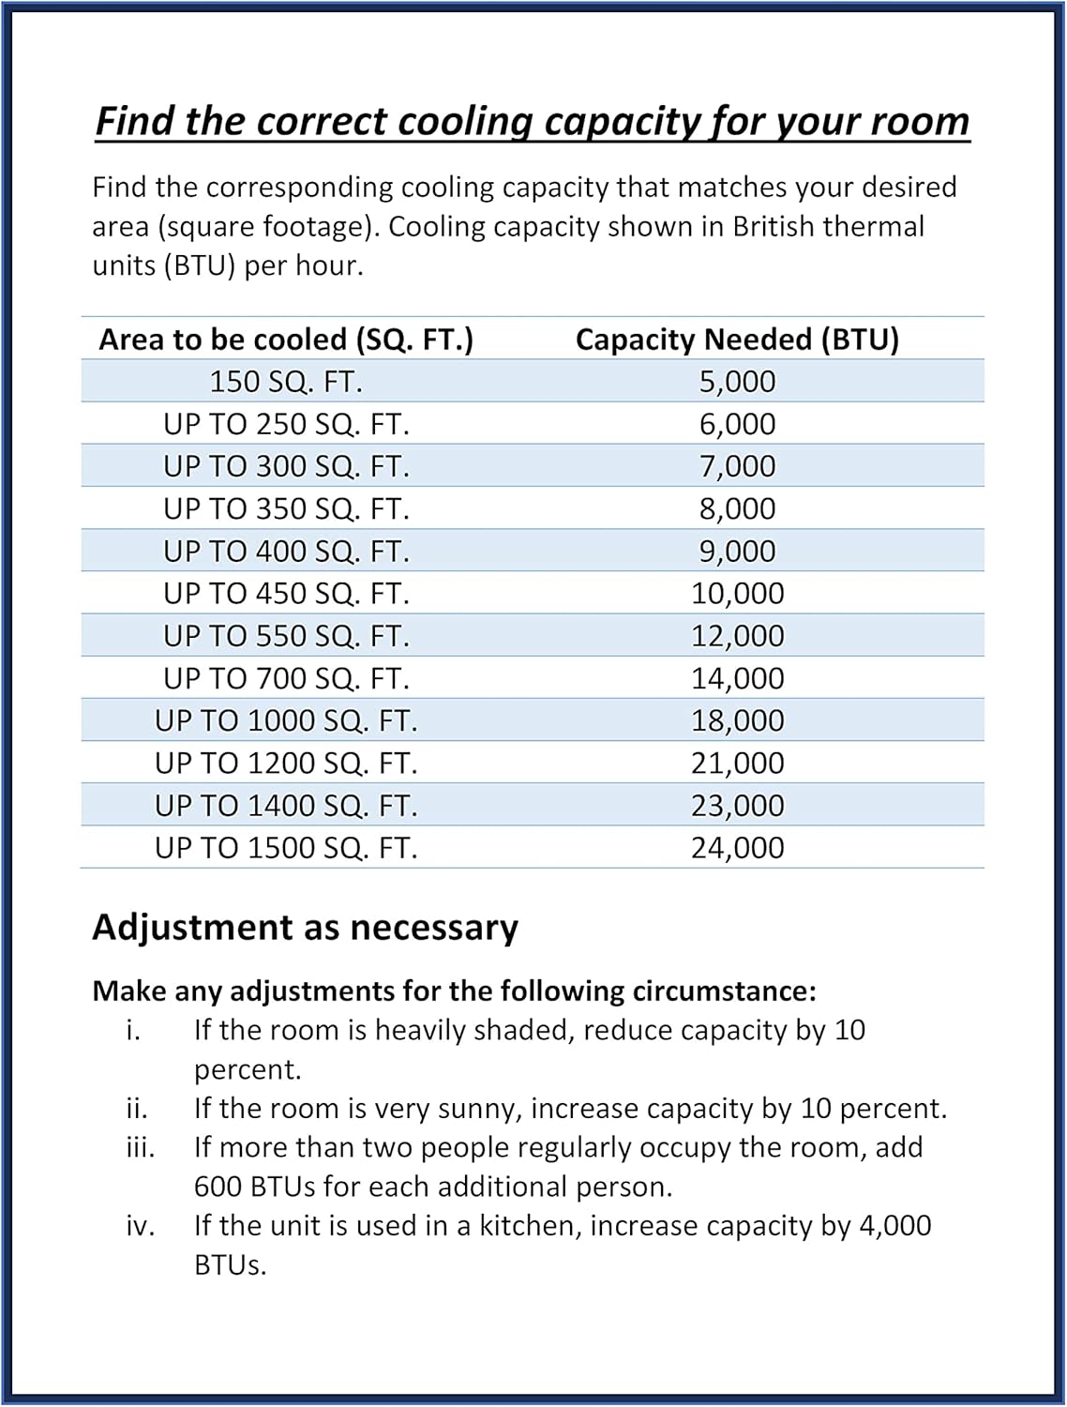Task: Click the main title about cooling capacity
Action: click(x=533, y=122)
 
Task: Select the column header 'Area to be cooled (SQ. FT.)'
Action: click(x=286, y=340)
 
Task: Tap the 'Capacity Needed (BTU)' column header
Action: click(x=737, y=340)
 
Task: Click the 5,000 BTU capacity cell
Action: click(x=737, y=382)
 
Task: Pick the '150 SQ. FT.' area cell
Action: click(x=286, y=382)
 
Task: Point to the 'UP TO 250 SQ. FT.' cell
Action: click(x=286, y=424)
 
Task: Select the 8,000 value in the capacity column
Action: click(x=737, y=508)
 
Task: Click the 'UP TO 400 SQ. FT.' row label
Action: click(x=286, y=551)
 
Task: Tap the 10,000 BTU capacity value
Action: click(x=737, y=593)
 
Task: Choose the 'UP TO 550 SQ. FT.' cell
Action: click(x=286, y=636)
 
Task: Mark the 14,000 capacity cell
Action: click(x=737, y=678)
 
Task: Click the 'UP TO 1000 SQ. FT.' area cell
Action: click(x=286, y=720)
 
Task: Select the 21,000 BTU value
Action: click(x=737, y=763)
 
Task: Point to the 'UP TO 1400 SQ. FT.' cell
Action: click(x=286, y=805)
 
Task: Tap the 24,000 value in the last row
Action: click(x=737, y=848)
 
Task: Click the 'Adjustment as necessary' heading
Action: click(x=305, y=928)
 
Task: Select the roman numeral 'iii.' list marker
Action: click(x=141, y=1147)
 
